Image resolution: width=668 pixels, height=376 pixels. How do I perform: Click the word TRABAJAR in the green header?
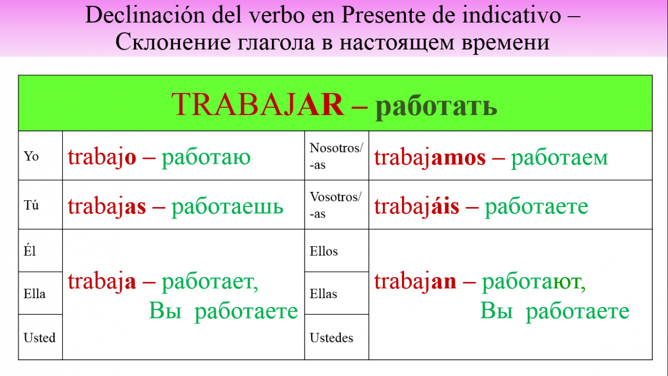click(x=258, y=104)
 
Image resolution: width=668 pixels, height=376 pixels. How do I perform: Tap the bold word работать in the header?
click(x=436, y=107)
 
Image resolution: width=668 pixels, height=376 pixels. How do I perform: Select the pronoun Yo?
click(x=31, y=156)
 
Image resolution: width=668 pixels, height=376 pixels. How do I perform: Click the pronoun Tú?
click(x=31, y=205)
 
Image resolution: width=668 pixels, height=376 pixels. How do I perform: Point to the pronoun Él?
click(x=30, y=250)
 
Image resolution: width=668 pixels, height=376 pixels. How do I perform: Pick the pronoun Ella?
click(x=34, y=293)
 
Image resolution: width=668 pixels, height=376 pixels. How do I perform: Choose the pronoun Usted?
click(x=39, y=337)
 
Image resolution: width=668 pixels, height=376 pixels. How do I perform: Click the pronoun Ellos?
click(x=324, y=251)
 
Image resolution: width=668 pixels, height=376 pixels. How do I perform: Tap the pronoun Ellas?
click(x=323, y=293)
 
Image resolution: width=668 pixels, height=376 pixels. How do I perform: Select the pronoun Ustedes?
click(x=331, y=337)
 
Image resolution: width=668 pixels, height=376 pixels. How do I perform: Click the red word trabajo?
click(x=102, y=158)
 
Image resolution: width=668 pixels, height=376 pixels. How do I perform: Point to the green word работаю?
click(x=206, y=158)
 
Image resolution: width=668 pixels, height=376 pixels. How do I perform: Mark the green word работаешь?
click(x=227, y=208)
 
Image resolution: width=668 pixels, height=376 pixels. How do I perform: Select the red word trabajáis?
click(x=416, y=206)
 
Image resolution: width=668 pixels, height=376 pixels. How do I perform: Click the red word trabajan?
click(x=415, y=282)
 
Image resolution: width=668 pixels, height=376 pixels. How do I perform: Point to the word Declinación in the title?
click(x=145, y=15)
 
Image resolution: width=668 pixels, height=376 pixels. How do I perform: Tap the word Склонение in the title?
click(x=173, y=42)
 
